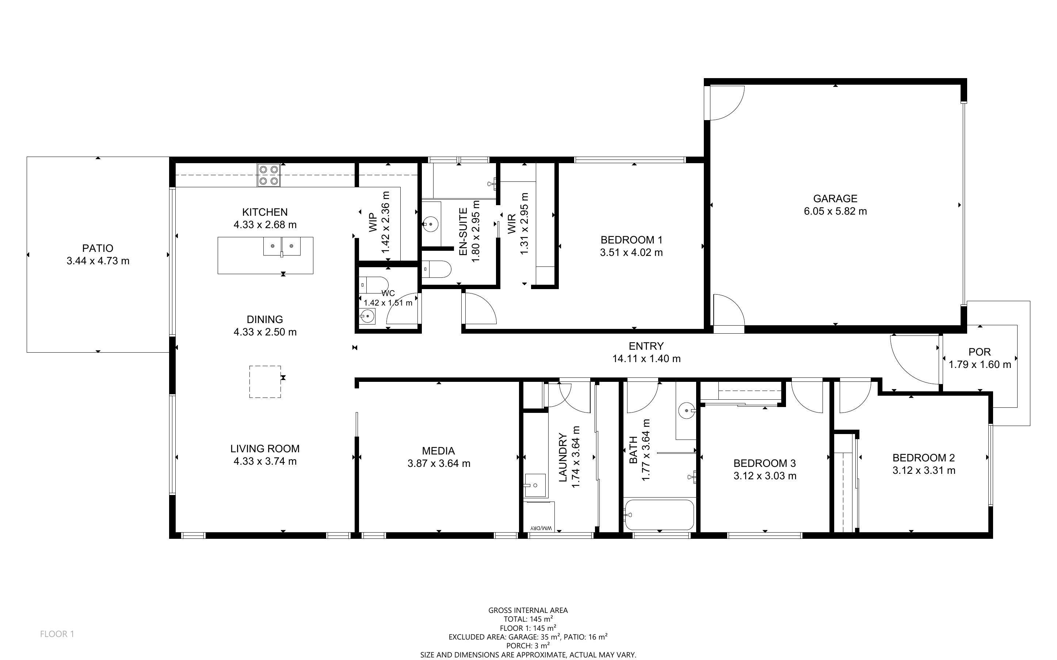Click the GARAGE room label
tap(835, 199)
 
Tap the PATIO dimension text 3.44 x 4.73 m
tap(98, 261)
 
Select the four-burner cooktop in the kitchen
tap(268, 175)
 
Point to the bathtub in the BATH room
tap(659, 515)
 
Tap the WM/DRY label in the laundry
tap(541, 528)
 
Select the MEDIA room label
tap(438, 451)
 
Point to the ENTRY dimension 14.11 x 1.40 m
tap(646, 359)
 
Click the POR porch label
tap(980, 352)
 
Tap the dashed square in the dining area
tap(265, 381)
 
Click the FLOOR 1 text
tap(57, 634)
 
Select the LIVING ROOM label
tap(265, 449)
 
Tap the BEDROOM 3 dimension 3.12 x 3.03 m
tap(765, 476)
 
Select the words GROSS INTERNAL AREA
tap(528, 610)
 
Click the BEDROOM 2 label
tap(923, 458)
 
